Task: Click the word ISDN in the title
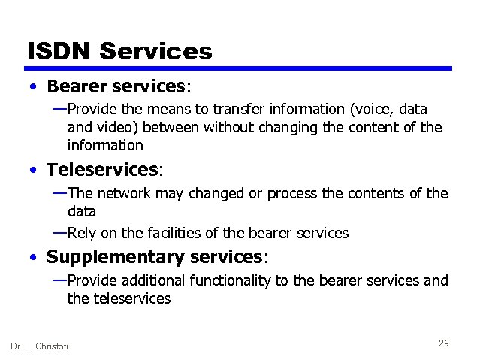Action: tap(58, 51)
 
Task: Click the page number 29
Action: tap(443, 343)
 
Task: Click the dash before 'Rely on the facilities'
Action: tap(59, 232)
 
